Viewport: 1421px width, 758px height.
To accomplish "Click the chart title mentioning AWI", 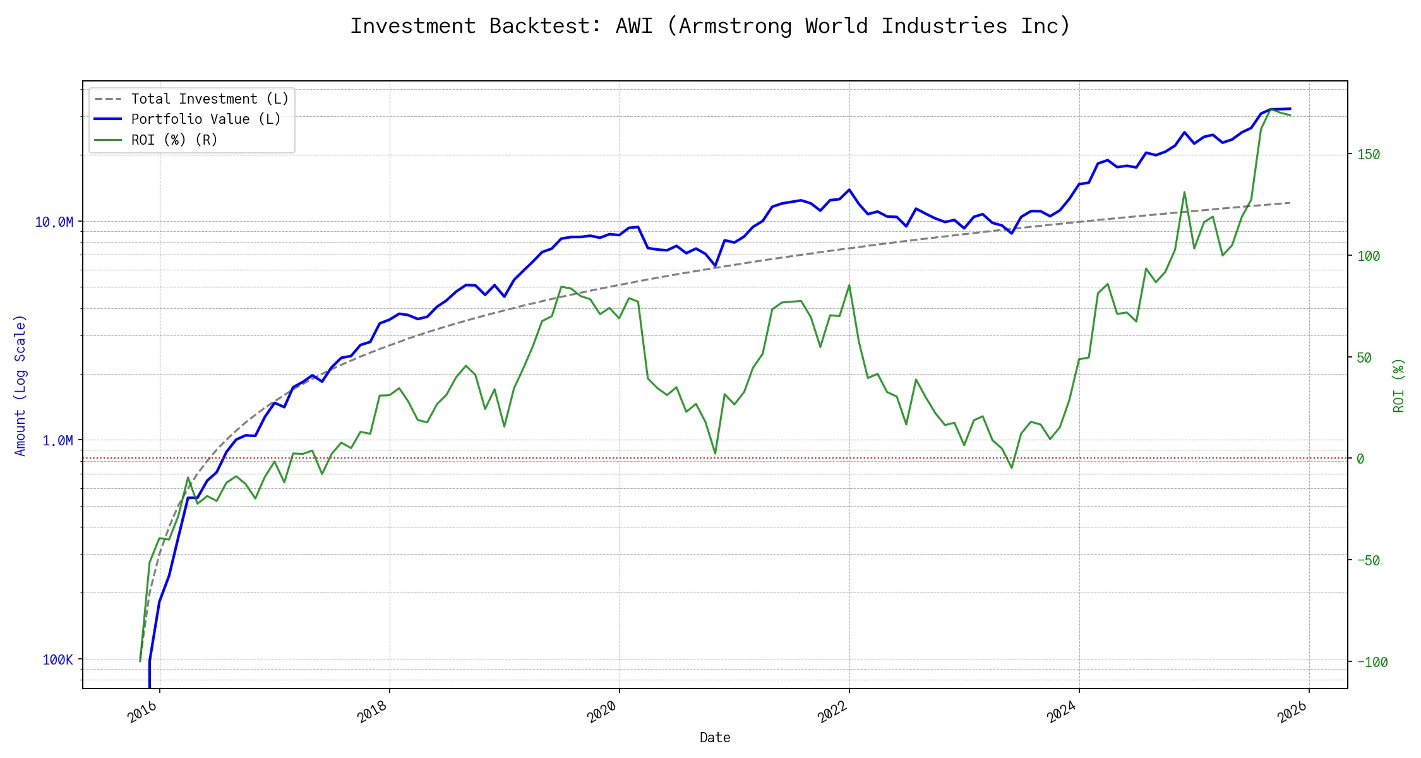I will click(x=710, y=26).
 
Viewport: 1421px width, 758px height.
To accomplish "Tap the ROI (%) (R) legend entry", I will click(x=174, y=140).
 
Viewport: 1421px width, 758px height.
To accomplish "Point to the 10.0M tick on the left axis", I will click(x=54, y=222).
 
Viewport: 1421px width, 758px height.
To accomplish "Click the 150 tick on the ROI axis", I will click(x=1369, y=155).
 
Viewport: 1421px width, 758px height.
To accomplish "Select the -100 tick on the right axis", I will click(x=1372, y=663).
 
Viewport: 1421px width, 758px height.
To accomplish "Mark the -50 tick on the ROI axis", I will click(x=1369, y=561).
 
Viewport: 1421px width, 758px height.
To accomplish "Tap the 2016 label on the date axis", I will click(x=143, y=713).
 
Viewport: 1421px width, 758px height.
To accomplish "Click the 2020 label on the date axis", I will click(x=602, y=713).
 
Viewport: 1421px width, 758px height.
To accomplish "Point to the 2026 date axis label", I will click(x=1292, y=713).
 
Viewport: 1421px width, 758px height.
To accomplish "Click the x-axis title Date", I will click(x=715, y=738).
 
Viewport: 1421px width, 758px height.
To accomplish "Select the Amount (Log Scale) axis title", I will click(x=20, y=385).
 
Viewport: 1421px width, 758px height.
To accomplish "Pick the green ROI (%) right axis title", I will click(x=1399, y=385).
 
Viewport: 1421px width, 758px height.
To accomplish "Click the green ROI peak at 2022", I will click(x=849, y=285).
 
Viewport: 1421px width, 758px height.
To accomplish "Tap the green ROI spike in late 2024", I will click(x=1184, y=192).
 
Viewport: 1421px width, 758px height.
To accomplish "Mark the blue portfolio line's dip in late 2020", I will click(x=715, y=266).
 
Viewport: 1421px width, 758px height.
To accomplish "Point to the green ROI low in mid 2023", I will click(x=1012, y=468).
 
